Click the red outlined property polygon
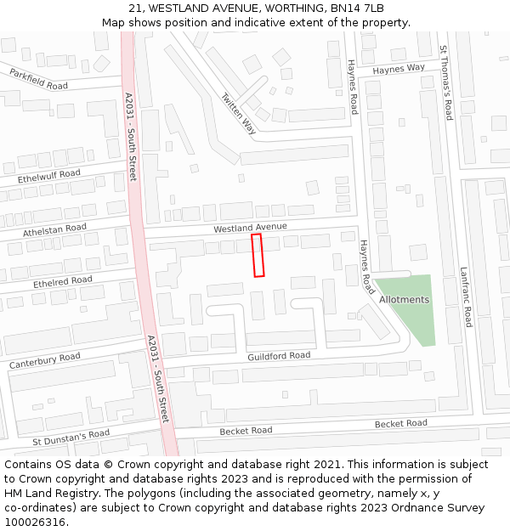258,255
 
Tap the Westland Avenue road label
250,228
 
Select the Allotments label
404,300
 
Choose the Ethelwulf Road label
49,178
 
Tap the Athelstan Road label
54,230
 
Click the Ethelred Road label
62,281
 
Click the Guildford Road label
279,356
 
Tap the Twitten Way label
239,113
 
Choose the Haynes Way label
398,69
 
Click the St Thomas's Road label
445,82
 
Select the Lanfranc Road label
465,297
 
